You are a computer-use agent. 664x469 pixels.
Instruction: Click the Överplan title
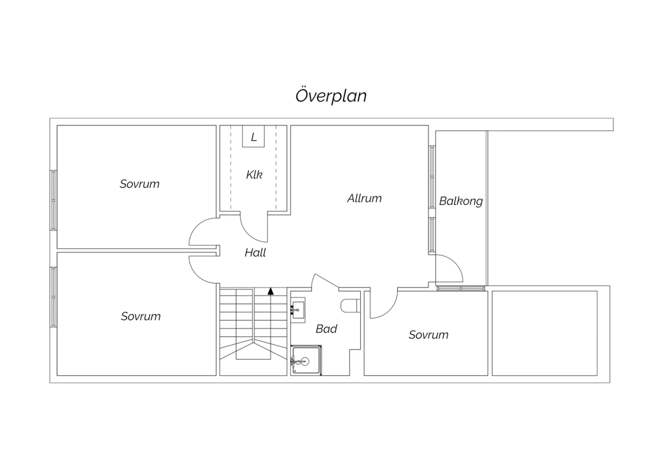click(331, 95)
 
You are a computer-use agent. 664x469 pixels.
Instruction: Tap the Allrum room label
click(364, 198)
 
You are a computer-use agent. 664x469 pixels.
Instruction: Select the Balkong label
click(461, 201)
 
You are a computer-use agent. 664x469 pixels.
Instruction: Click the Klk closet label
click(254, 174)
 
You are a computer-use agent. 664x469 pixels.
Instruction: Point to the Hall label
click(255, 253)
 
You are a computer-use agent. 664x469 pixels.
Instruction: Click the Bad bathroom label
click(326, 329)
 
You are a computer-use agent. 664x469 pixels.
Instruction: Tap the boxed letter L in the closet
click(254, 137)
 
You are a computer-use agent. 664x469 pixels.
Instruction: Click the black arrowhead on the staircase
click(270, 291)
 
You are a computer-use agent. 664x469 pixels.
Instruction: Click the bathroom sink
click(297, 310)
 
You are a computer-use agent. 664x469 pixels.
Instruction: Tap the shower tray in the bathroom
click(306, 360)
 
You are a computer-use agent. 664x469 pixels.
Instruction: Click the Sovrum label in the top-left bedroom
click(139, 184)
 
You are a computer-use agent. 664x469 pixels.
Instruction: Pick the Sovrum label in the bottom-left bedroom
click(140, 316)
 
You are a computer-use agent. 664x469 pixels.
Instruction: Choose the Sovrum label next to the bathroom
click(429, 335)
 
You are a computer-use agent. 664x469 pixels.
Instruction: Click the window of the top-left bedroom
click(53, 200)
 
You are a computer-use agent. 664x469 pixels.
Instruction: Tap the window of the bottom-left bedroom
click(53, 297)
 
